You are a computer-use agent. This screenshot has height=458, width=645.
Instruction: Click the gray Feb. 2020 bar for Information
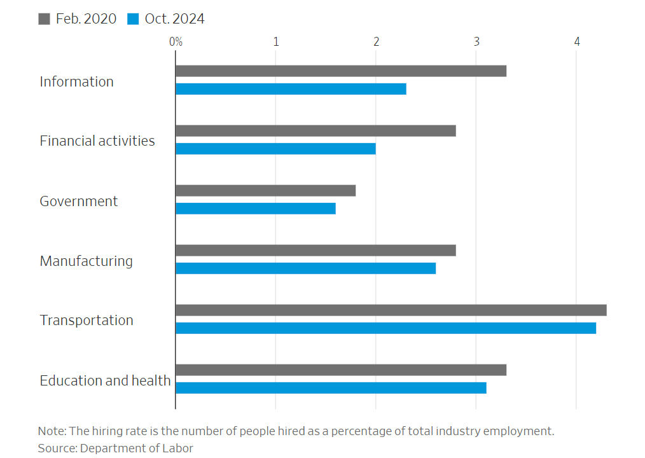pyautogui.click(x=341, y=71)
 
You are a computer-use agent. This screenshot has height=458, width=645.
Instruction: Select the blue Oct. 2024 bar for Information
pyautogui.click(x=291, y=89)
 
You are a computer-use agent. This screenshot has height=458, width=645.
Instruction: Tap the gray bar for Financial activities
pyautogui.click(x=316, y=131)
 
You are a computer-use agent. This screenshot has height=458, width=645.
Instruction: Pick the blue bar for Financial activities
pyautogui.click(x=275, y=149)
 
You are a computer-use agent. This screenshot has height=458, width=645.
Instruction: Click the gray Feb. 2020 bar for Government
pyautogui.click(x=265, y=191)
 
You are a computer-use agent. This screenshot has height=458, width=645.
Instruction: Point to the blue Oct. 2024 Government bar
pyautogui.click(x=255, y=209)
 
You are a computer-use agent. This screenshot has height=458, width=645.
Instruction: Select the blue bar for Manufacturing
pyautogui.click(x=305, y=268)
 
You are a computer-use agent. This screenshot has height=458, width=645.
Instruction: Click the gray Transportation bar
pyautogui.click(x=391, y=310)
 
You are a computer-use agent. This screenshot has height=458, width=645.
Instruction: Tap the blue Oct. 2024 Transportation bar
pyautogui.click(x=385, y=328)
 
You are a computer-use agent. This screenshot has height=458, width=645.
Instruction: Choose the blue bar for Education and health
pyautogui.click(x=331, y=388)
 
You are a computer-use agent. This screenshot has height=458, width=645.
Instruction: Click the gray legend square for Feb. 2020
pyautogui.click(x=44, y=19)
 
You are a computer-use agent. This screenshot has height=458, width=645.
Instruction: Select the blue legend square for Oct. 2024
pyautogui.click(x=133, y=19)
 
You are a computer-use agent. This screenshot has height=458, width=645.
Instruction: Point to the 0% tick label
pyautogui.click(x=176, y=42)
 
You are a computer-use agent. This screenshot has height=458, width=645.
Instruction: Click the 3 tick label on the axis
pyautogui.click(x=476, y=42)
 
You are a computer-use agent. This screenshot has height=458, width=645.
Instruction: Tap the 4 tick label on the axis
pyautogui.click(x=577, y=42)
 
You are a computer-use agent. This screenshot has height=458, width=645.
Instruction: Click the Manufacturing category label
pyautogui.click(x=86, y=261)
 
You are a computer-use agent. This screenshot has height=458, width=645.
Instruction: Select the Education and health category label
pyautogui.click(x=105, y=380)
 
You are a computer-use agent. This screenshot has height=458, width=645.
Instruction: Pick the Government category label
pyautogui.click(x=78, y=201)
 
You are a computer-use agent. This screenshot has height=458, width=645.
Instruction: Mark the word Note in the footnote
pyautogui.click(x=50, y=431)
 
